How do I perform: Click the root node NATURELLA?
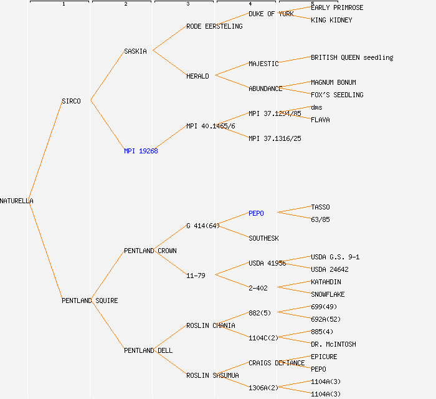coord(17,201)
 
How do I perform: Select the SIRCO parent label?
coord(71,101)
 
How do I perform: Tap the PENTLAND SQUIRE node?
coord(90,300)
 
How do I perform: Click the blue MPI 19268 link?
coord(141,151)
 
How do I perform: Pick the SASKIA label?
coord(135,51)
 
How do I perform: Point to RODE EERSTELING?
coord(214,26)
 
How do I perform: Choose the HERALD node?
coord(197,76)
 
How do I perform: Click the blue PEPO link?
coord(256,213)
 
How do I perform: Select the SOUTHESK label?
coord(263,238)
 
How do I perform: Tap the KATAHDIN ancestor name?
coord(326,282)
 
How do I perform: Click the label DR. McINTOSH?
coord(333,344)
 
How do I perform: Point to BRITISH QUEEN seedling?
coord(352,57)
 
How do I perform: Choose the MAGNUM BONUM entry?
coord(333,82)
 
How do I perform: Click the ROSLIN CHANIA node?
coord(211,325)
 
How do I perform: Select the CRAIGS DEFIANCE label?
coord(277,363)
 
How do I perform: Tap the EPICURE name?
coord(324,357)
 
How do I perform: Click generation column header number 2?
coord(125,4)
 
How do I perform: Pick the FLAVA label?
coord(320,120)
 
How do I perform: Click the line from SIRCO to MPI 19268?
coord(107,125)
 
